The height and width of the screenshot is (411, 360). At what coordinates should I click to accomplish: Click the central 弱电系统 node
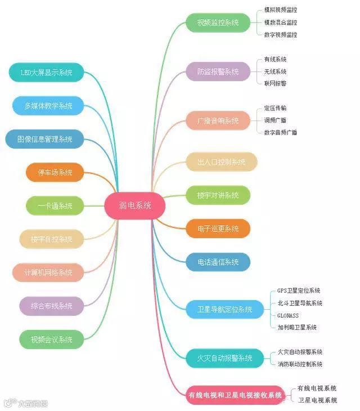[135, 205]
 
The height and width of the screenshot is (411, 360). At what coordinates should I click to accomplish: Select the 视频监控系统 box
[218, 23]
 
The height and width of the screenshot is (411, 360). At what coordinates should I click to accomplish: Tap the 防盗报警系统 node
[218, 72]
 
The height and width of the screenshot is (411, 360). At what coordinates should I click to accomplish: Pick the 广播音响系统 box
[218, 120]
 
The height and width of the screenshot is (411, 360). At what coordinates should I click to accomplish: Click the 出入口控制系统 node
[221, 162]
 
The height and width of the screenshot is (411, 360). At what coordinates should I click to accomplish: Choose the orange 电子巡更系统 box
[218, 229]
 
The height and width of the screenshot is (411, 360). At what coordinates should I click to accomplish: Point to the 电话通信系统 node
[218, 262]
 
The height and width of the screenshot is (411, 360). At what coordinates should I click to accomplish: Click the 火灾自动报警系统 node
[224, 358]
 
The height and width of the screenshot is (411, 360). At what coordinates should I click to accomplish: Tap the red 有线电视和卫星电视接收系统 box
[235, 395]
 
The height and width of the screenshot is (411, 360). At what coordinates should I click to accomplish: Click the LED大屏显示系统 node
[47, 72]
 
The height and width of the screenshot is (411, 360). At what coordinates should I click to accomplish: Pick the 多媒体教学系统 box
[48, 105]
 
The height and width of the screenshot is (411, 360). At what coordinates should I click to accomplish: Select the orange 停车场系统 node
[55, 172]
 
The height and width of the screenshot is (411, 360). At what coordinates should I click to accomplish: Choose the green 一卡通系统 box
[55, 205]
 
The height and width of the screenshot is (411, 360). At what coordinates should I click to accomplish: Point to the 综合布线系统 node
[52, 306]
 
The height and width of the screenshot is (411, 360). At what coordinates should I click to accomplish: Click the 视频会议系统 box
[52, 339]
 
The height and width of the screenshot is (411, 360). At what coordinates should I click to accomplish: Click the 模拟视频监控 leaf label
[281, 10]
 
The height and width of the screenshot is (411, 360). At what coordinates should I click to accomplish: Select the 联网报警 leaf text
[275, 83]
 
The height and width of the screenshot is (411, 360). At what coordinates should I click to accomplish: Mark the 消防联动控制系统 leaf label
[300, 364]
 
